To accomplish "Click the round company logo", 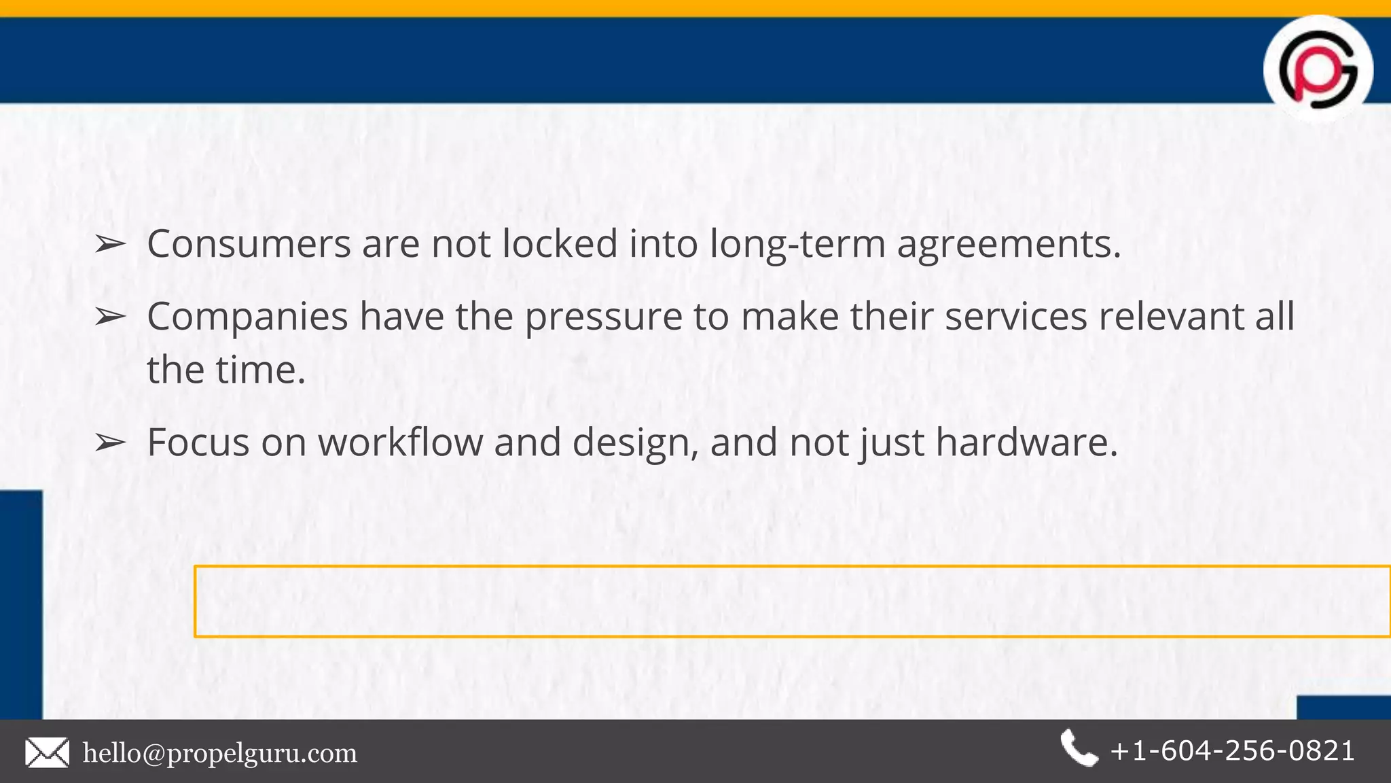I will [1318, 69].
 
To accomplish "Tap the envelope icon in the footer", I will [47, 753].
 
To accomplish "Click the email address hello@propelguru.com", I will [219, 753].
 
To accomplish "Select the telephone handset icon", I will [1079, 748].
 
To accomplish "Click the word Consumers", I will [249, 243].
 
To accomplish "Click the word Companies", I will [247, 317].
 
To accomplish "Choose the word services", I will [1016, 317].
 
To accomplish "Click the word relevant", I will [1171, 317].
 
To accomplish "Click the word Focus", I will [198, 442].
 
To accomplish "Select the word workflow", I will [400, 442].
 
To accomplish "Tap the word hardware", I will [1026, 442].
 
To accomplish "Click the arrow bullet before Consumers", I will [109, 244].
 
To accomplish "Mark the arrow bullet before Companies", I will [109, 317].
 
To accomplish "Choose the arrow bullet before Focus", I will [109, 443].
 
